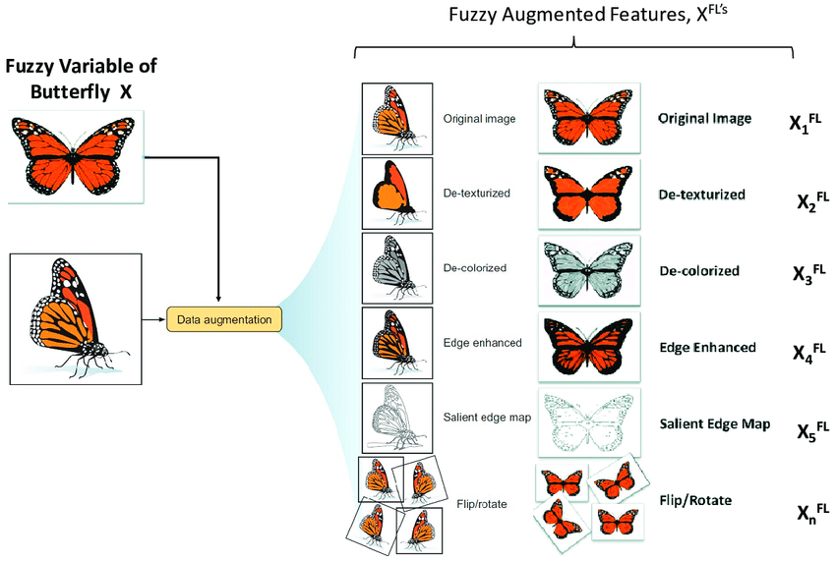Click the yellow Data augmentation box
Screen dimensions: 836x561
224,319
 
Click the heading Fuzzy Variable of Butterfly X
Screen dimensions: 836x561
81,79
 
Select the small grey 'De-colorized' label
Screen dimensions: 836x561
474,268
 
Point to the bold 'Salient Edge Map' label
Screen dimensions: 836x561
715,423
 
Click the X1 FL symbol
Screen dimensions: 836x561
806,123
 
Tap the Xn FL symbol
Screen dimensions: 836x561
813,513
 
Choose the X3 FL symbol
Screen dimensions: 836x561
808,273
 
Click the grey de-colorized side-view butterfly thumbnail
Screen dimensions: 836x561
397,268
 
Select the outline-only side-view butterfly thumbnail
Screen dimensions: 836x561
397,418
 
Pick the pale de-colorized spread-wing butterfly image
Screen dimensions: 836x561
589,270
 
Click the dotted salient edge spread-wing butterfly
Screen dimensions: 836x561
589,422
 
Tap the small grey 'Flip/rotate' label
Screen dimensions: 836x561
482,504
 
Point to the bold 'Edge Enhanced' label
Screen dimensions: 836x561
707,348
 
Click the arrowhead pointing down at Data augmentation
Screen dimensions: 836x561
218,299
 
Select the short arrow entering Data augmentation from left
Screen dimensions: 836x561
154,319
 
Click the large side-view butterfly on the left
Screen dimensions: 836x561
76,318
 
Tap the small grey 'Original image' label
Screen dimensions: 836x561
479,118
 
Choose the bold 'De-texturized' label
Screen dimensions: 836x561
701,195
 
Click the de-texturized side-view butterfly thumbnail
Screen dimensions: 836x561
397,194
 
